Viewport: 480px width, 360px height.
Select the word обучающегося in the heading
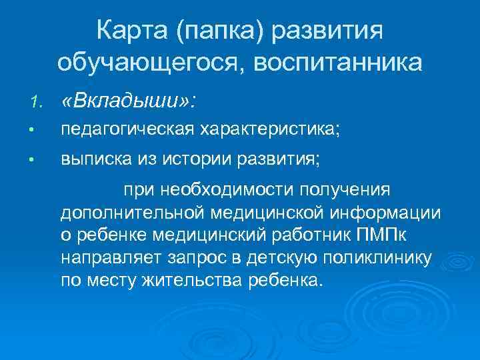point(143,63)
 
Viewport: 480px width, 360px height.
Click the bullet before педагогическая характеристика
point(39,131)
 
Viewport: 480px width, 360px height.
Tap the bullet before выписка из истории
point(39,160)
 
